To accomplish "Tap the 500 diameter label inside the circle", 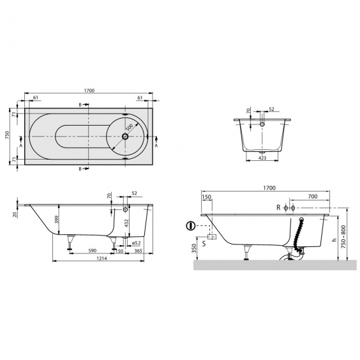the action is pos(130,127).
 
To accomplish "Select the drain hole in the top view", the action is pos(125,137).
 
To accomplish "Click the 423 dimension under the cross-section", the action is pos(262,158).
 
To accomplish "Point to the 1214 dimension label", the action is pos(101,258).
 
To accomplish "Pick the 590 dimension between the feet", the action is pos(93,251).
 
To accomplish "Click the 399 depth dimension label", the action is pos(57,220).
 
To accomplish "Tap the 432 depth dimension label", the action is pos(126,223).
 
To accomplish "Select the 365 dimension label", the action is pos(139,251).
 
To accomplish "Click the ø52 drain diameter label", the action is pos(136,243).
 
